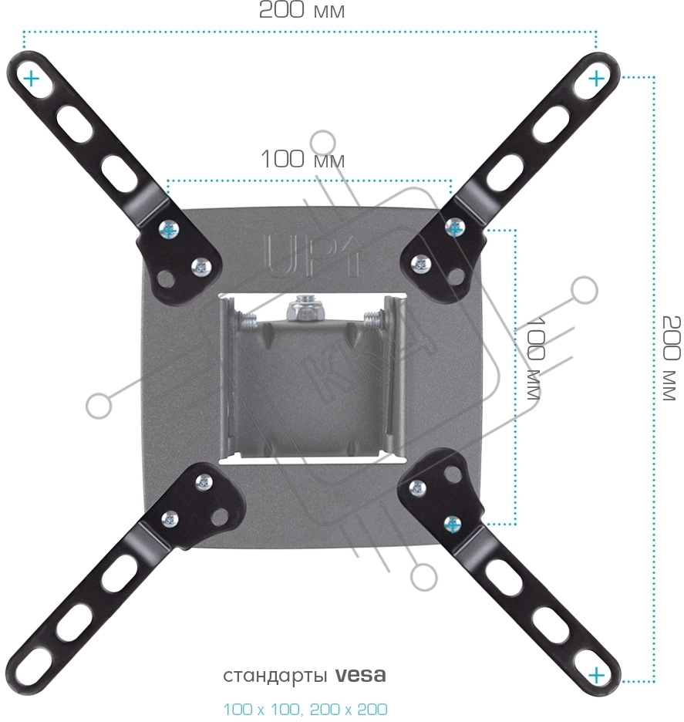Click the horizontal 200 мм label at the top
(x=302, y=10)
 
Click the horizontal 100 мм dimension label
(x=302, y=160)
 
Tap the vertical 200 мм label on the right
(x=671, y=358)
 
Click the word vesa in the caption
(x=360, y=675)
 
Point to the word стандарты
(x=275, y=676)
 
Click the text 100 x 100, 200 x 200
(x=305, y=709)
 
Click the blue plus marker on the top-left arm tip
(x=32, y=79)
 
